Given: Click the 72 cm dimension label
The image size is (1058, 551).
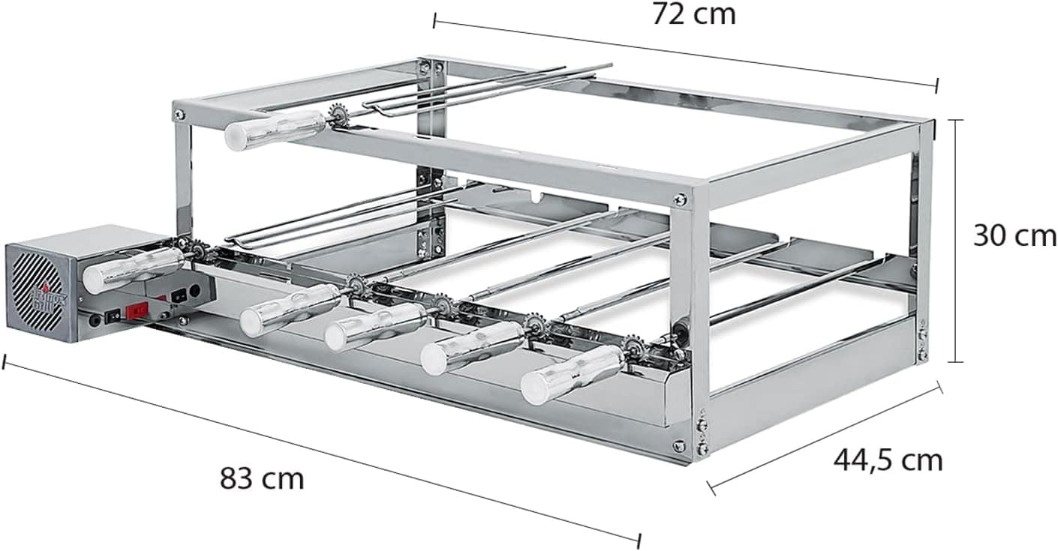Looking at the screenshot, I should [693, 14].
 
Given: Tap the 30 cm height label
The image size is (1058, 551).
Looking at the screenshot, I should [1014, 236].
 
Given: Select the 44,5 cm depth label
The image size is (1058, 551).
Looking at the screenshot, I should [888, 459].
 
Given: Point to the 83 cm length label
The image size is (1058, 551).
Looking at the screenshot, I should [262, 478].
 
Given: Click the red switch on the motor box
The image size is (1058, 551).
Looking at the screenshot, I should [138, 310].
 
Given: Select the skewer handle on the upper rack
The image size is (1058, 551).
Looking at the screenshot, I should [274, 129].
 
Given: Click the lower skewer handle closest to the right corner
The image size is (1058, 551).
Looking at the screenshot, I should [573, 375].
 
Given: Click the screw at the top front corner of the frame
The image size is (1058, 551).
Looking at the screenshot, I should [680, 199].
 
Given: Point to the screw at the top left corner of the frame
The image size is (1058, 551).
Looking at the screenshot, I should [179, 114].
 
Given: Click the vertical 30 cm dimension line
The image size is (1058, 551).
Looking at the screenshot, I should [955, 240].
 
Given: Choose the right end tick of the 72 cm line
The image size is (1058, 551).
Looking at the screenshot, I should [936, 85].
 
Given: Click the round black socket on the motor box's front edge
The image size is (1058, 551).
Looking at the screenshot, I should [95, 320].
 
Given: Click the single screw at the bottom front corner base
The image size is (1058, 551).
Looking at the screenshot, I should [679, 445].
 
